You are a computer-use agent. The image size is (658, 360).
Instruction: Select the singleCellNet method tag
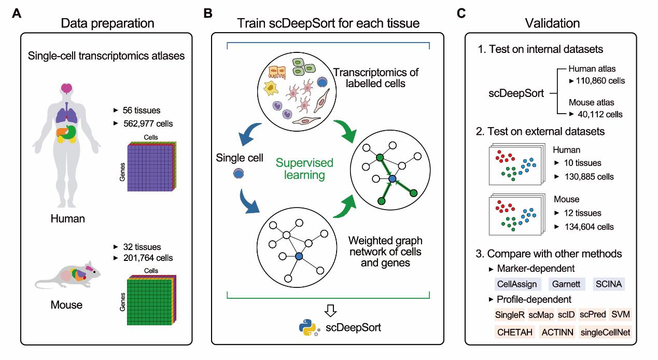click(x=605, y=331)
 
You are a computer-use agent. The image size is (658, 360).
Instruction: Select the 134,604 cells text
click(x=584, y=227)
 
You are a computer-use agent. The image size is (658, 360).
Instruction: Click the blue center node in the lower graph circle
click(x=298, y=256)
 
